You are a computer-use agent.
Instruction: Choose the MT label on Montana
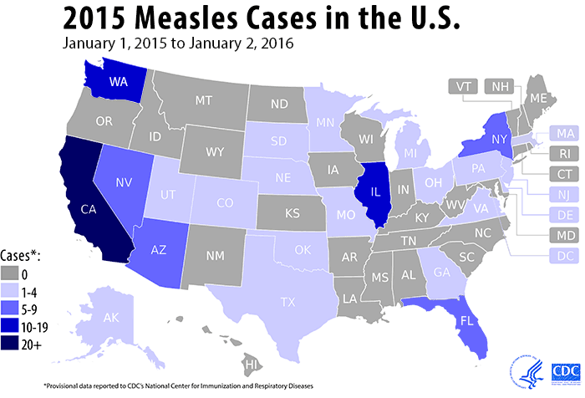tap(202, 99)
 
